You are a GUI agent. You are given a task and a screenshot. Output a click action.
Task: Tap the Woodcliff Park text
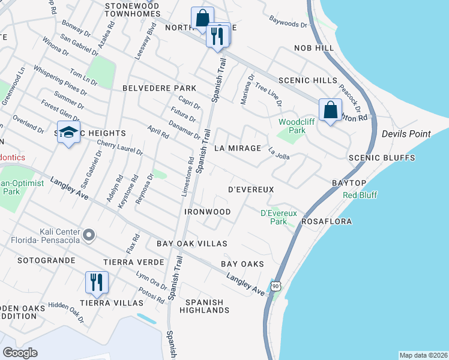(292, 126)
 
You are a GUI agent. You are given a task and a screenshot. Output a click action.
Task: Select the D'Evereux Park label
(274, 217)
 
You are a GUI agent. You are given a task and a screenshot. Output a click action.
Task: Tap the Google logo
(20, 353)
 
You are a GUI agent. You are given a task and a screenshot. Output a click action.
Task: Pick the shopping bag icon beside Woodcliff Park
(330, 110)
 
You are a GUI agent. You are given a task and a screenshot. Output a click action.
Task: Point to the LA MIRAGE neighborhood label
(238, 148)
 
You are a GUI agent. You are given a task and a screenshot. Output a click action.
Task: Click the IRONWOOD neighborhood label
(208, 212)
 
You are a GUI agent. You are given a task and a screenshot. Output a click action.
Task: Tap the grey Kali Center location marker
(88, 235)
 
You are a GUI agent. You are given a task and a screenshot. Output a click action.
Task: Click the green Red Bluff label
(359, 196)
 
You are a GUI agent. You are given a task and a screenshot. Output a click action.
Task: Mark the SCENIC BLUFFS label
(382, 158)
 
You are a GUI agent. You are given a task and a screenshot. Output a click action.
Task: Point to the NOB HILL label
(313, 47)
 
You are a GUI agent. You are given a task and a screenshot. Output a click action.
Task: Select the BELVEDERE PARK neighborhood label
(151, 88)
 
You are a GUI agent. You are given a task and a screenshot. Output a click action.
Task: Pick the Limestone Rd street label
(187, 178)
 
